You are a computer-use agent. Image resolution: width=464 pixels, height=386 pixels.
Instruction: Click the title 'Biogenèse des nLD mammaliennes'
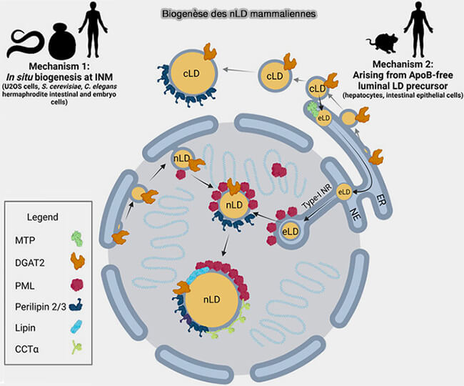(x=231, y=14)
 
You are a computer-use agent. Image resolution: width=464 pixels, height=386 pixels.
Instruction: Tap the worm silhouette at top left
(x=28, y=44)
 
